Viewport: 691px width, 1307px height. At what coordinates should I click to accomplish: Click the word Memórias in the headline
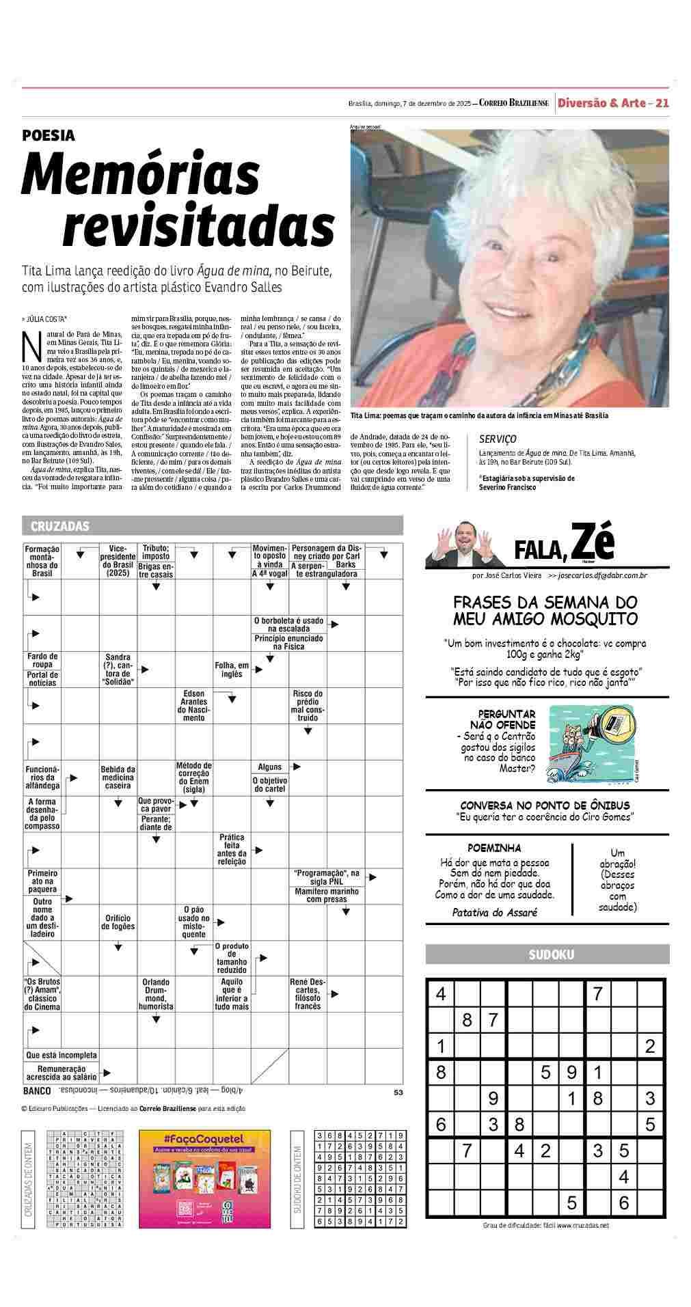click(141, 174)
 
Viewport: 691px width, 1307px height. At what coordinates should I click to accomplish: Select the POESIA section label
click(48, 136)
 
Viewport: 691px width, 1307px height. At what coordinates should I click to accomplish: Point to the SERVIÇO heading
click(498, 439)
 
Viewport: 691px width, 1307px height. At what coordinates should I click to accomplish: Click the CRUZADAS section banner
click(60, 526)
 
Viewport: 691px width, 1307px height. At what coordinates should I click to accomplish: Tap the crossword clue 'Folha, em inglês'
click(232, 669)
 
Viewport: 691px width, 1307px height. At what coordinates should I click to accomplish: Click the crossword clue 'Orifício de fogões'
click(118, 922)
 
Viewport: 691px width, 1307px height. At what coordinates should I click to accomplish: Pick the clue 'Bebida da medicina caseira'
click(118, 777)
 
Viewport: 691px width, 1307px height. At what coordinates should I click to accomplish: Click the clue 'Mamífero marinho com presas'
click(327, 895)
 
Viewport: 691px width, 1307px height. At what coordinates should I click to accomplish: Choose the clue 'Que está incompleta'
click(62, 1055)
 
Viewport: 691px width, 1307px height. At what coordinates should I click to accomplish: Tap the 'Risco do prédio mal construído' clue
click(308, 705)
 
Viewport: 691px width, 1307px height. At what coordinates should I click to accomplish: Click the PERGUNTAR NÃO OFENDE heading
click(506, 719)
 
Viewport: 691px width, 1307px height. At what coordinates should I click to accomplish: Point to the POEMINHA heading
click(494, 848)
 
